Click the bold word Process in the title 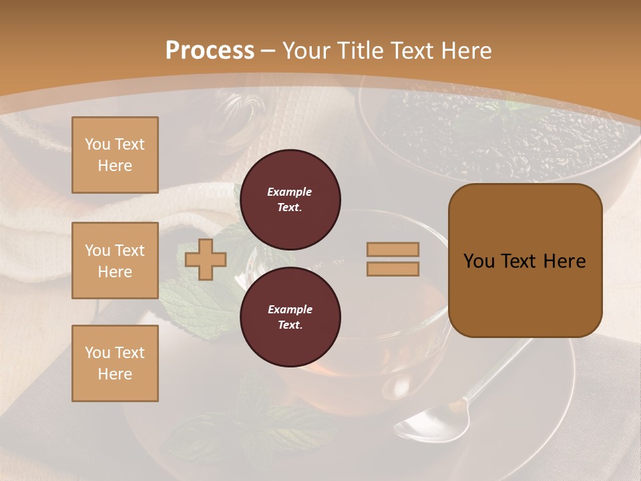(x=210, y=51)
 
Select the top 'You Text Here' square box (x=115, y=155)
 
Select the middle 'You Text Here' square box (x=115, y=261)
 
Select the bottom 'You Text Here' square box (x=115, y=363)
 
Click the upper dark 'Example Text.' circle (x=290, y=200)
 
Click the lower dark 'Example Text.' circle (x=290, y=317)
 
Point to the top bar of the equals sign (x=393, y=250)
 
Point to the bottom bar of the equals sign (x=393, y=269)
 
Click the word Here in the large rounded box (x=564, y=261)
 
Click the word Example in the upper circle (x=290, y=192)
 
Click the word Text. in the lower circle (x=290, y=325)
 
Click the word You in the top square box (x=97, y=144)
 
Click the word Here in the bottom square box (x=115, y=374)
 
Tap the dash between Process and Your (x=268, y=51)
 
